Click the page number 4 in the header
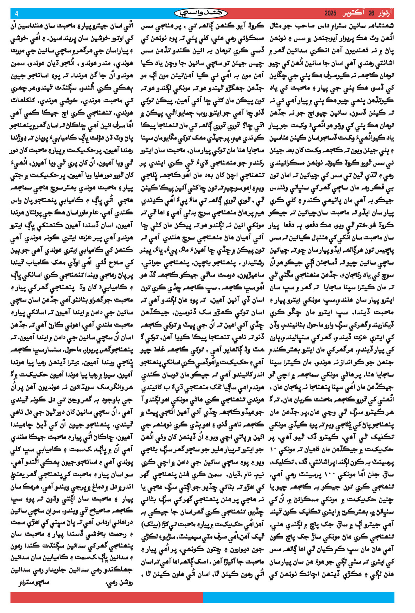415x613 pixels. [16, 14]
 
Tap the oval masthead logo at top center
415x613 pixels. [201, 13]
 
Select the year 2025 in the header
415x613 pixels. [330, 14]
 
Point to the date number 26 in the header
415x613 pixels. [371, 14]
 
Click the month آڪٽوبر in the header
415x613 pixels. [354, 14]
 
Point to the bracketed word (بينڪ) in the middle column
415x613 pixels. [152, 525]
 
